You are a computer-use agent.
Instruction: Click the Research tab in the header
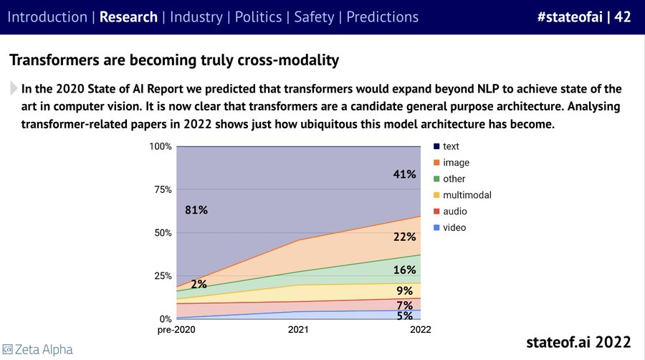(x=128, y=16)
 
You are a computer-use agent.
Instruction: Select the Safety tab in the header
(x=313, y=16)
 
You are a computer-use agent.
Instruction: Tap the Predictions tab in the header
(x=382, y=16)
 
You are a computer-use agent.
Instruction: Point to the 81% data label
(x=196, y=210)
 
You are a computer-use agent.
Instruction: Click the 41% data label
(x=404, y=174)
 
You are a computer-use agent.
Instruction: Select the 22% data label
(x=404, y=237)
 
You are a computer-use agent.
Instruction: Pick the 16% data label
(x=404, y=270)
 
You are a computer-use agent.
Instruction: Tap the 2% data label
(x=199, y=284)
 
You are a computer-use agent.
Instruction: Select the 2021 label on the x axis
(x=298, y=330)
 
